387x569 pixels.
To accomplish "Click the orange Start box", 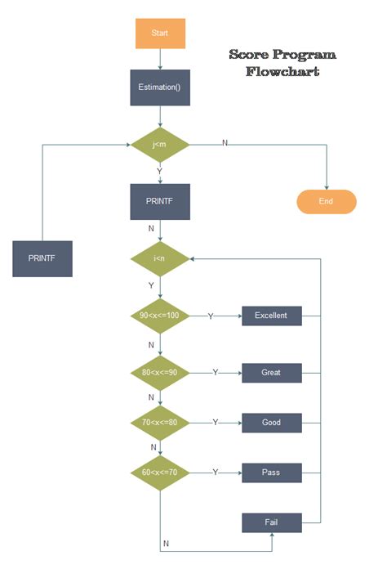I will coord(160,33).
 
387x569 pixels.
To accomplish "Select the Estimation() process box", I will coord(160,87).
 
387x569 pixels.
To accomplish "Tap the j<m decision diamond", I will coord(160,145).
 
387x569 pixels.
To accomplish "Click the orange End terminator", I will coord(326,201).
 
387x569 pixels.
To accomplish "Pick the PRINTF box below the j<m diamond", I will coord(160,201).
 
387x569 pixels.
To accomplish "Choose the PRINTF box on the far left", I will coord(42,259).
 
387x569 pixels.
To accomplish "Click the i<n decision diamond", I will coord(160,259).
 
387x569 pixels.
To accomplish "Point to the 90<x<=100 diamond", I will coord(160,316).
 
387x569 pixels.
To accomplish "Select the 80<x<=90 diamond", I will coord(160,372).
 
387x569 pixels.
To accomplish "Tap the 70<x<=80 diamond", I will coord(160,423).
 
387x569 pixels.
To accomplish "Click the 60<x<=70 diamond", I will coord(160,473).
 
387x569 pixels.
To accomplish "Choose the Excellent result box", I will coord(271,316).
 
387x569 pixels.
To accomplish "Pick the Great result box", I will coord(271,373).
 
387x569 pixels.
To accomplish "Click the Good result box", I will coord(271,423).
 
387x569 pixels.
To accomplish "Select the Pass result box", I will coord(271,473).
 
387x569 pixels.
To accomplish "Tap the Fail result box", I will coord(271,522).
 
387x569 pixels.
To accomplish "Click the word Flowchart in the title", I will coord(282,72).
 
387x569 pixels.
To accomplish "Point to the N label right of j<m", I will coord(225,143).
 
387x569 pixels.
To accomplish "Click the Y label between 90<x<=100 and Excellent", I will coord(211,316).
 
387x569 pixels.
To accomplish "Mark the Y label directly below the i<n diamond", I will coord(151,285).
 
